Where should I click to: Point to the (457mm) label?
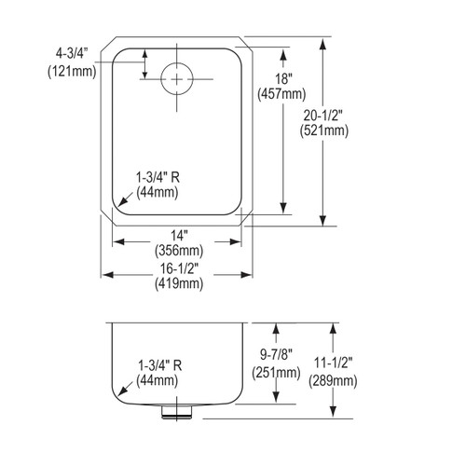point(280,94)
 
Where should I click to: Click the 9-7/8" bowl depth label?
point(275,357)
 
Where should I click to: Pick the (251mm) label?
point(275,373)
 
